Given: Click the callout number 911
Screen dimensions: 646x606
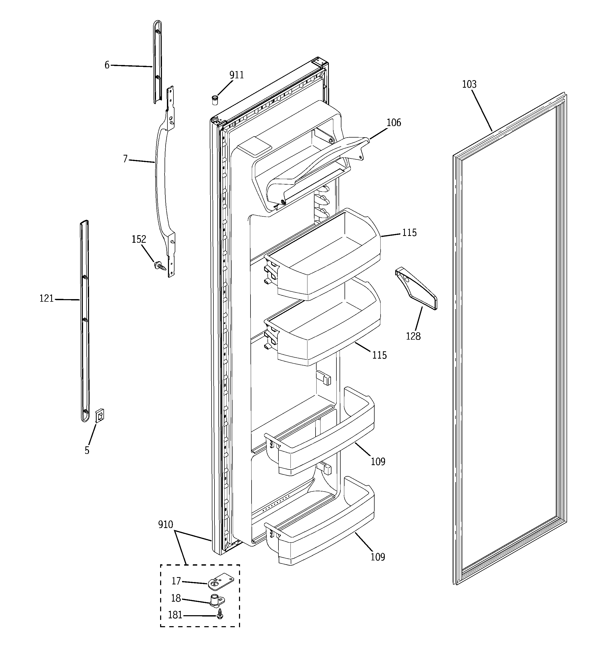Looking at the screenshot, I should tap(236, 75).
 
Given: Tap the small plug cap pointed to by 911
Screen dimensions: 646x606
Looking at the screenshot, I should tap(215, 100).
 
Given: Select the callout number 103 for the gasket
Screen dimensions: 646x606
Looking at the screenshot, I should tap(469, 85).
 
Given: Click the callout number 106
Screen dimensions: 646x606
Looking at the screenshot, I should tap(394, 123).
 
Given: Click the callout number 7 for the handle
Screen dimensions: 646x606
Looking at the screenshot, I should tap(125, 159).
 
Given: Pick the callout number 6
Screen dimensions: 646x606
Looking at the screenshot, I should tap(107, 65).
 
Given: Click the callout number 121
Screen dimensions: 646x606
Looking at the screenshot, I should tap(46, 298).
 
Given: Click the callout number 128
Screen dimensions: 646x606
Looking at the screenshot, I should tap(413, 336).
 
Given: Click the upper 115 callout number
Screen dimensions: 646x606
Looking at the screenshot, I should tap(409, 233).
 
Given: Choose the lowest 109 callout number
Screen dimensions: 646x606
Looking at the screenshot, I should tap(378, 557).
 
